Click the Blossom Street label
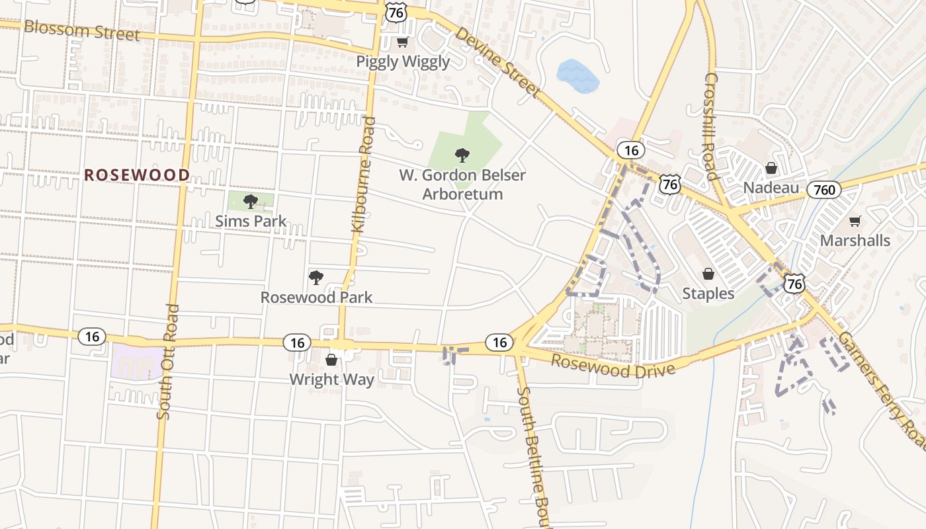[x=82, y=30]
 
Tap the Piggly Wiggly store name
[x=403, y=61]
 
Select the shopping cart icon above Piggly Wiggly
[x=402, y=42]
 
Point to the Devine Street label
[x=498, y=61]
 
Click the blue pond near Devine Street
[x=577, y=75]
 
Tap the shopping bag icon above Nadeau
[x=771, y=168]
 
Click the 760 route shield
[x=824, y=190]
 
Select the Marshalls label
[x=855, y=240]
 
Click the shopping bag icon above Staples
[x=708, y=274]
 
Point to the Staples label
[x=708, y=294]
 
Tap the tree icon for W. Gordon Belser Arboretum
[x=462, y=155]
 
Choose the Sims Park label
[x=251, y=221]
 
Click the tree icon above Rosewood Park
[x=316, y=278]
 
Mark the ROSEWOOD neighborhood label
[x=137, y=175]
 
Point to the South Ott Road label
[x=168, y=361]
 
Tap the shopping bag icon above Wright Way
[x=331, y=360]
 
